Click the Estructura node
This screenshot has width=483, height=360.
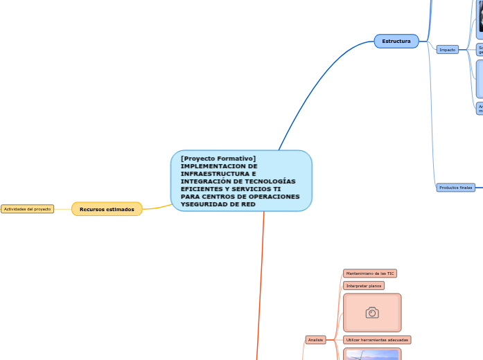pos(396,42)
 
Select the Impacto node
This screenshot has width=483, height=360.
pos(447,50)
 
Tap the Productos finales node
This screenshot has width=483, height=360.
pos(455,188)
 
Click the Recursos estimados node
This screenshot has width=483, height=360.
pos(107,209)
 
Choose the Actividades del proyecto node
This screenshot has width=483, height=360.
pos(27,209)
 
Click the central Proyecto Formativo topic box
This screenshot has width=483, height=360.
pos(241,181)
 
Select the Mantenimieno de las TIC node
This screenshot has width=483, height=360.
pos(369,273)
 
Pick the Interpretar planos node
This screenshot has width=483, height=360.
pos(364,285)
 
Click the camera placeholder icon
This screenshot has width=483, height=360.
pos(372,313)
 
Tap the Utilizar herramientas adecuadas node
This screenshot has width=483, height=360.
pos(377,340)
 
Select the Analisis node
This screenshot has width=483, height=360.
pos(315,340)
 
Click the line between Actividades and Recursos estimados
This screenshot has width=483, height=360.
pos(62,209)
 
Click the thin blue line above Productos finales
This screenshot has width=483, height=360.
pos(432,125)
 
